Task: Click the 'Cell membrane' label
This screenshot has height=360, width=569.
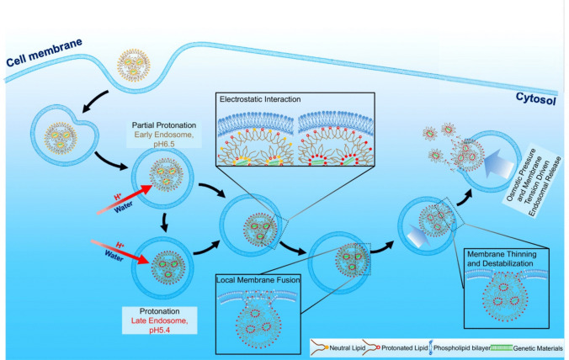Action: tap(36, 56)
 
